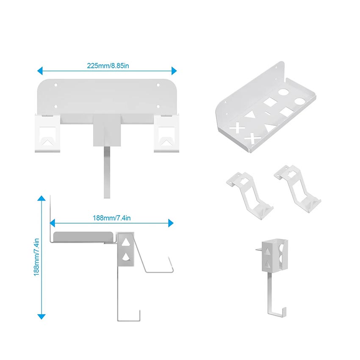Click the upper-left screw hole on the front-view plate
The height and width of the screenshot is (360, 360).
pyautogui.click(x=56, y=85)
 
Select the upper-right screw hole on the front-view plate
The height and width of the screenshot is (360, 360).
pyautogui.click(x=158, y=85)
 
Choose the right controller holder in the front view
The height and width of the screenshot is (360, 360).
pyautogui.click(x=166, y=132)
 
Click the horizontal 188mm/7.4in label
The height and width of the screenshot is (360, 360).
pyautogui.click(x=111, y=218)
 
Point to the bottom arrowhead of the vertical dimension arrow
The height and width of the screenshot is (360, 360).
pyautogui.click(x=41, y=316)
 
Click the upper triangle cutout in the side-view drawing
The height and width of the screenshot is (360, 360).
pyautogui.click(x=126, y=243)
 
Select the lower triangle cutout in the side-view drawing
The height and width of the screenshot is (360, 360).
pyautogui.click(x=126, y=257)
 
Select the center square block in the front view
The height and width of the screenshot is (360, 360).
pyautogui.click(x=107, y=130)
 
